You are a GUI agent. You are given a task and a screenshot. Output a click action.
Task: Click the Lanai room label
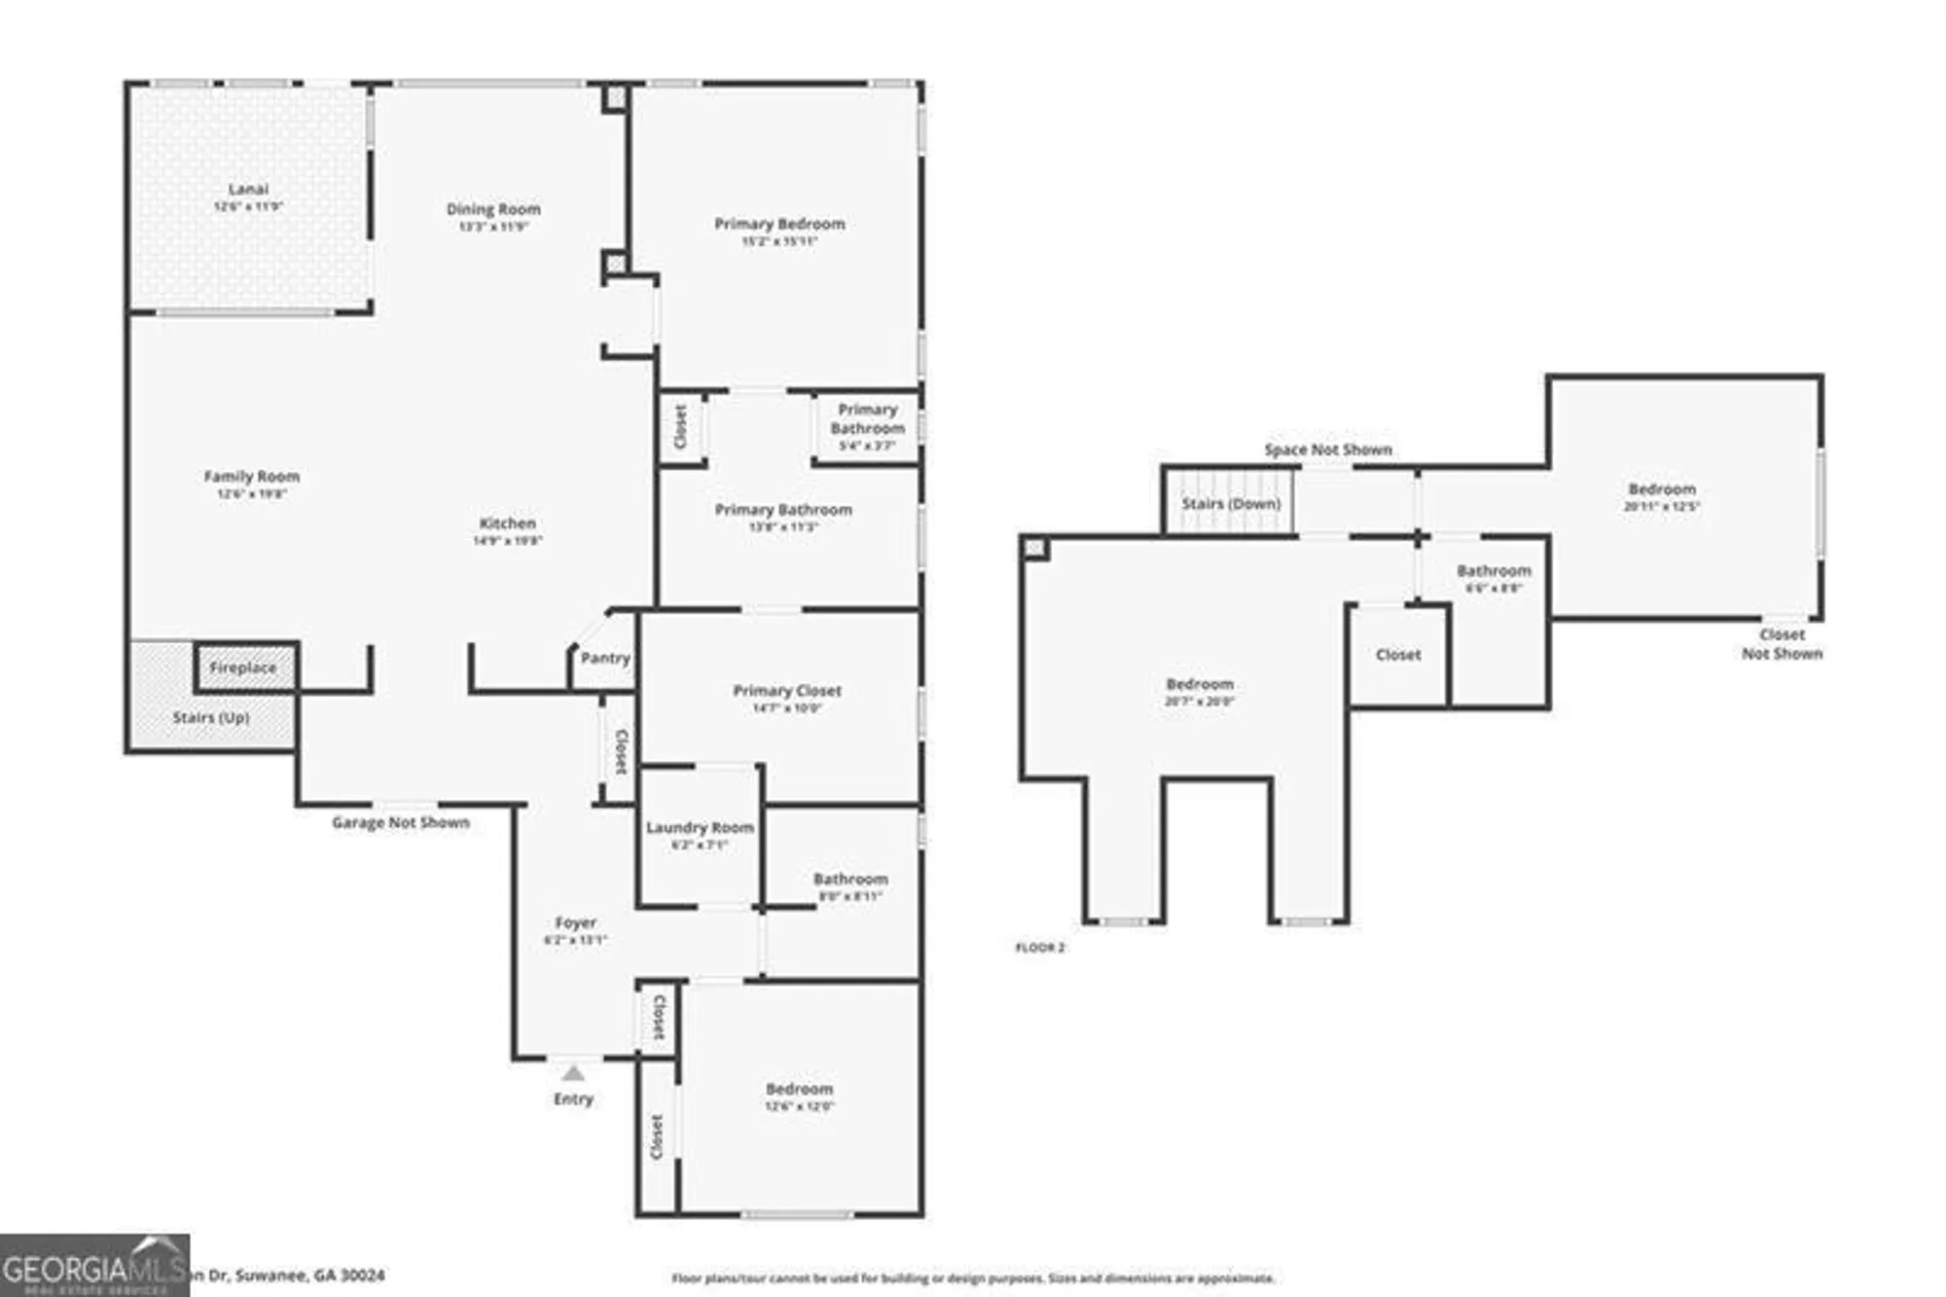[248, 190]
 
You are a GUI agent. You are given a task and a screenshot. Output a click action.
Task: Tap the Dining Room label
[493, 209]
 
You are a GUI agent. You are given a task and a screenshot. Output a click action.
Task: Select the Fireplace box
[244, 667]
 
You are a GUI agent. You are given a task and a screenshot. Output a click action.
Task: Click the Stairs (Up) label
[211, 717]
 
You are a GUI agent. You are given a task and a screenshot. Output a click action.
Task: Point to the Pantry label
[605, 658]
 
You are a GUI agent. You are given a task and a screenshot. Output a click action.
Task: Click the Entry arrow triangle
[573, 1073]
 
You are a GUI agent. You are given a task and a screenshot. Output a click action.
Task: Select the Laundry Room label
[700, 827]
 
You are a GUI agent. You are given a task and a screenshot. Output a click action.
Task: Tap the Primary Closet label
[787, 691]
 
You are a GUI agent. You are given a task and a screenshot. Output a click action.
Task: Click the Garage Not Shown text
[401, 822]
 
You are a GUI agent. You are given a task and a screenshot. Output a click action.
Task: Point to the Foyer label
[575, 922]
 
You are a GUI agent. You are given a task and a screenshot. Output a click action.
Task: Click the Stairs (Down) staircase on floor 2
[1230, 503]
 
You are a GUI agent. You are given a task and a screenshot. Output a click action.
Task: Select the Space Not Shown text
[1327, 450]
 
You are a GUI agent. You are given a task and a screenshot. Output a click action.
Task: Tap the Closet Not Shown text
[1782, 644]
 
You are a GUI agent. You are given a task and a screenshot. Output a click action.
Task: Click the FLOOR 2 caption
[1040, 947]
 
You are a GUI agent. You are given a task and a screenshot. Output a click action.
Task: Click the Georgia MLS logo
[94, 1265]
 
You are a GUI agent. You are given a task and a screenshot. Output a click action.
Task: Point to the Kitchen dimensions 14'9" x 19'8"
[507, 541]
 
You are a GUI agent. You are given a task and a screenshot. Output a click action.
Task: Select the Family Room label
[251, 477]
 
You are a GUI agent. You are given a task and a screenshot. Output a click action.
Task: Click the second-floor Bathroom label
[1494, 571]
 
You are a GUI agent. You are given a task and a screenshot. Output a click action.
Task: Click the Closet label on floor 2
[1398, 655]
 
